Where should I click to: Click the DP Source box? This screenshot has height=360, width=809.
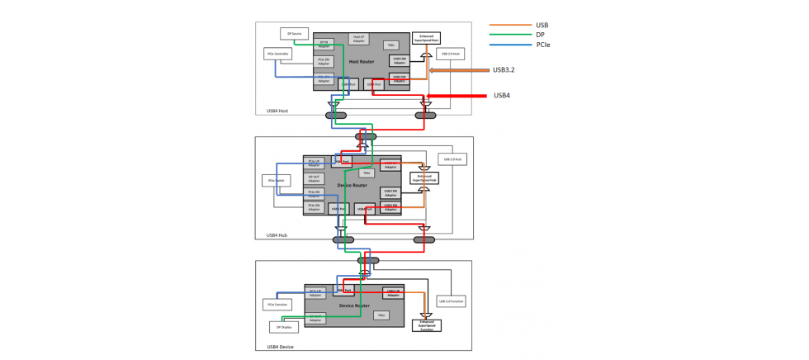pyautogui.click(x=295, y=34)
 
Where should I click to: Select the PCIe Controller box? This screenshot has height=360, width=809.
pyautogui.click(x=277, y=54)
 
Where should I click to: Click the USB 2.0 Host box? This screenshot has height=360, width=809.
pyautogui.click(x=450, y=54)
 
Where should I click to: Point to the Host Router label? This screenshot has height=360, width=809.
pyautogui.click(x=362, y=62)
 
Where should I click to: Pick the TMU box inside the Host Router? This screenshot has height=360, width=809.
pyautogui.click(x=390, y=45)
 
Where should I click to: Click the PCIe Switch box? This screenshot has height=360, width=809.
pyautogui.click(x=276, y=180)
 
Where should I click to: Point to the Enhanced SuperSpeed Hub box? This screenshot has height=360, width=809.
pyautogui.click(x=424, y=178)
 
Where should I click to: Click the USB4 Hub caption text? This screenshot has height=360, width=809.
pyautogui.click(x=277, y=235)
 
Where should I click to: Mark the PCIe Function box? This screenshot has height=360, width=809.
pyautogui.click(x=277, y=305)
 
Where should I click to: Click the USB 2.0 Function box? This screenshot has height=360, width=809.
pyautogui.click(x=451, y=301)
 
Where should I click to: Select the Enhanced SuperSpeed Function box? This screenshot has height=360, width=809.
pyautogui.click(x=426, y=325)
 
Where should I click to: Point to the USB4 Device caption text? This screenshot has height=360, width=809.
pyautogui.click(x=280, y=347)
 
